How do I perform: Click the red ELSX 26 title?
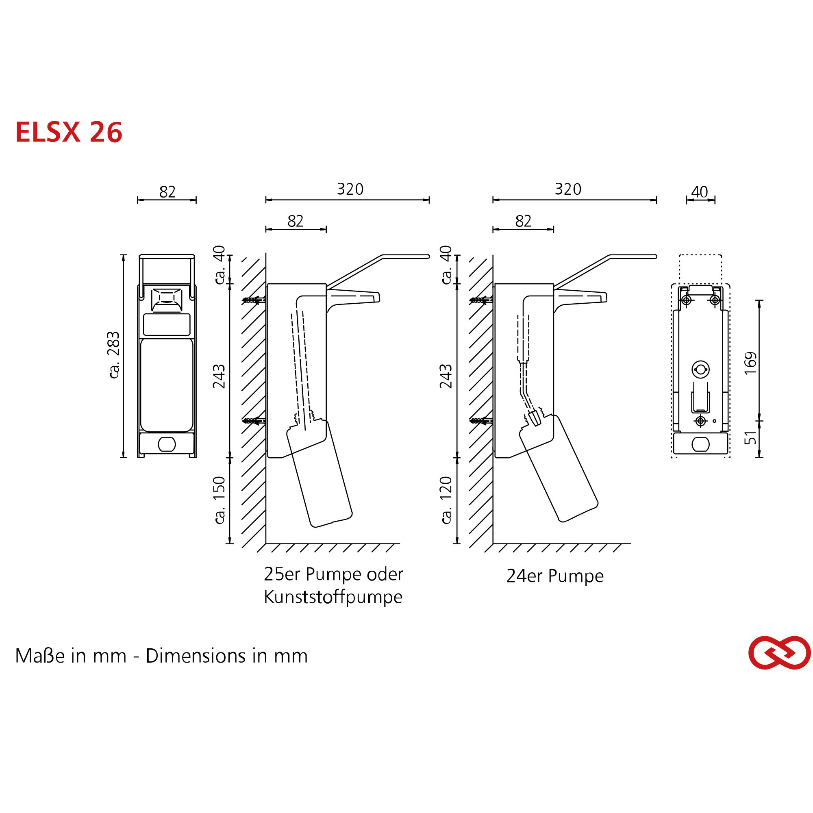[x=69, y=132]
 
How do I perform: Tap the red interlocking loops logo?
[x=779, y=653]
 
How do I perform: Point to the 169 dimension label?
[x=750, y=363]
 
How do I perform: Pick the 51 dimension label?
[x=750, y=438]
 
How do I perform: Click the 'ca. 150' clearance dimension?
[x=220, y=500]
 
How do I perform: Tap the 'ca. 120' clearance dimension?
[x=446, y=500]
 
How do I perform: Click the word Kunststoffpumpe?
[x=333, y=597]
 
